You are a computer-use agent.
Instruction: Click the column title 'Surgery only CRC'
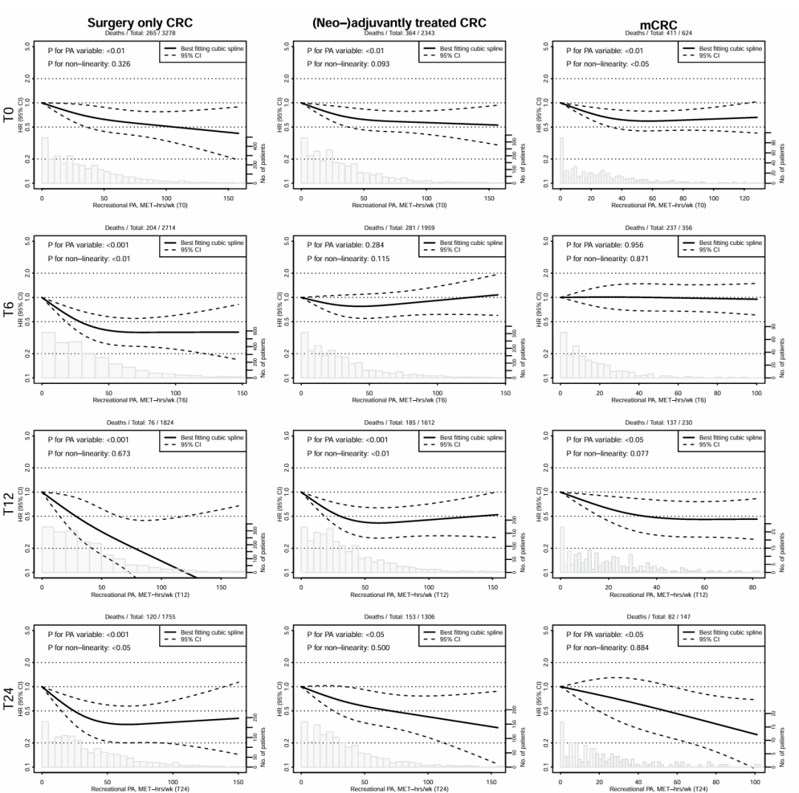[x=140, y=23]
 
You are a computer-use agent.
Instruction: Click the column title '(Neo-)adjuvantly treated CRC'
[x=399, y=23]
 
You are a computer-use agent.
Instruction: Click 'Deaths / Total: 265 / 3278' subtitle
[x=140, y=33]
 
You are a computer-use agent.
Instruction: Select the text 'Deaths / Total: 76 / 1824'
[x=140, y=422]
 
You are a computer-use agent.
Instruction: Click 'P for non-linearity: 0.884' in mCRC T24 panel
[x=607, y=647]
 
